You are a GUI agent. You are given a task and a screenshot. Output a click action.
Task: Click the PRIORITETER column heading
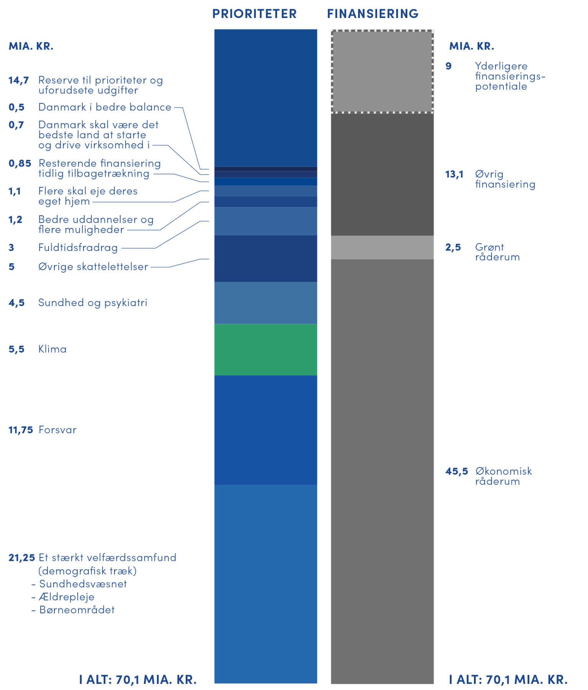tap(255, 14)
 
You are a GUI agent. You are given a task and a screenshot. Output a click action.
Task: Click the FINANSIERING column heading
tap(372, 14)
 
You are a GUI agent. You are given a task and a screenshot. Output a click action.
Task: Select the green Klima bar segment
tap(265, 349)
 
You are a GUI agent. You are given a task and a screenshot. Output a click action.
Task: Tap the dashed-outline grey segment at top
tap(382, 72)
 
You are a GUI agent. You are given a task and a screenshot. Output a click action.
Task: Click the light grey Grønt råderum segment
tap(382, 247)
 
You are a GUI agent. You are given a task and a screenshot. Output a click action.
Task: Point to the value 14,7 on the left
tap(18, 80)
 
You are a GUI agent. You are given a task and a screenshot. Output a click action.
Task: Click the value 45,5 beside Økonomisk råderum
tap(456, 471)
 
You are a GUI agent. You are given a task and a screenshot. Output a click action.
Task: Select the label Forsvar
tap(57, 430)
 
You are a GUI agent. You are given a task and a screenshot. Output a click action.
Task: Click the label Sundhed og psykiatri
tap(93, 303)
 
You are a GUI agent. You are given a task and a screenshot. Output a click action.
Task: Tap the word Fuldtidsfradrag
tap(78, 248)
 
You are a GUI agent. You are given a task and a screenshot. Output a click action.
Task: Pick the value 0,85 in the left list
tap(20, 164)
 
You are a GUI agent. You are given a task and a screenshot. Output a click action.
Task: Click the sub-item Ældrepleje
tap(67, 597)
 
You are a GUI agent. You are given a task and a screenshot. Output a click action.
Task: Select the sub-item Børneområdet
tap(77, 610)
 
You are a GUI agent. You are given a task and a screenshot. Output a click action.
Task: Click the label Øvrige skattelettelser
tap(93, 267)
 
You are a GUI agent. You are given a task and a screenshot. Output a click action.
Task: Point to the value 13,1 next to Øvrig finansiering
tap(454, 175)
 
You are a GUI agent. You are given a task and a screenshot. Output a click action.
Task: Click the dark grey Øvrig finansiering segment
tap(382, 174)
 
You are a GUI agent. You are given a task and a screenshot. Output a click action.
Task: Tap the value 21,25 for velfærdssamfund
tap(22, 558)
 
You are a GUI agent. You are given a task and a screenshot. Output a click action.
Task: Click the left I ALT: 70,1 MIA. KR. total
tap(138, 680)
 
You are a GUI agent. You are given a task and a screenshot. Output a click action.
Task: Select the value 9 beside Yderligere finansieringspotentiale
tap(448, 66)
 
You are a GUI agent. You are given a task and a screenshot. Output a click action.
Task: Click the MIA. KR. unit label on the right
tap(471, 46)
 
